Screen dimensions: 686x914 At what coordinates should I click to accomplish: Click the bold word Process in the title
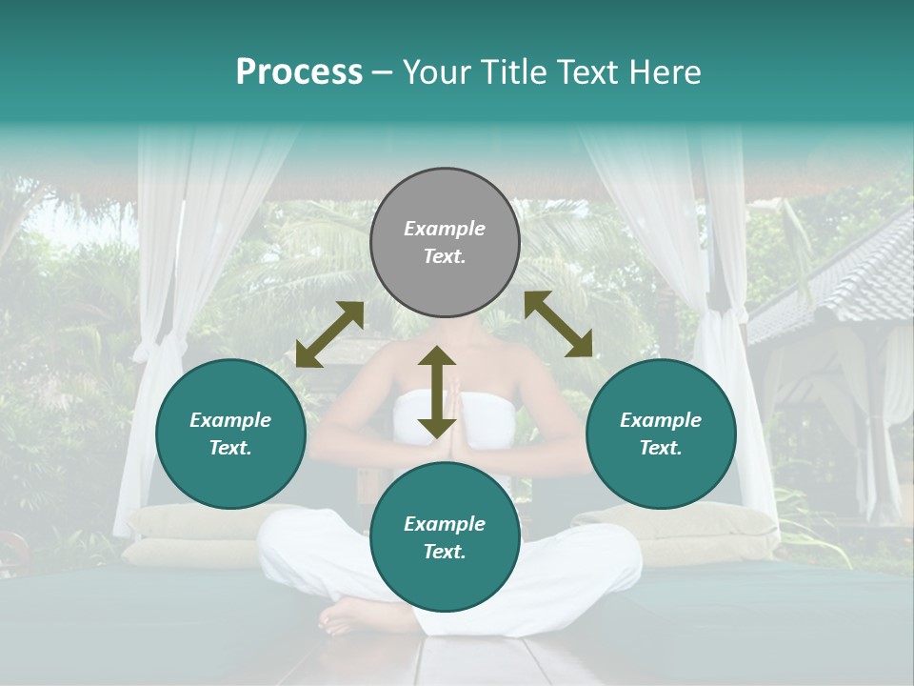(x=299, y=72)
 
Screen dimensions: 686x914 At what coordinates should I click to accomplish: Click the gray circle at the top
(x=445, y=242)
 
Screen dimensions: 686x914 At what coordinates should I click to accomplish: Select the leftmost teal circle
(x=230, y=434)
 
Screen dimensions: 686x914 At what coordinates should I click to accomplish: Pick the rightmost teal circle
(x=661, y=434)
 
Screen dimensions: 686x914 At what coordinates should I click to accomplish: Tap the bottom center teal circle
(x=445, y=536)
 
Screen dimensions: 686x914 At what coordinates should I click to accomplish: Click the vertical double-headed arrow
(x=437, y=393)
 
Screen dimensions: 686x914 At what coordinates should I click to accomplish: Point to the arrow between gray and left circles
(x=329, y=334)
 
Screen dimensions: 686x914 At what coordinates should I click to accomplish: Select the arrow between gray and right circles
(x=558, y=324)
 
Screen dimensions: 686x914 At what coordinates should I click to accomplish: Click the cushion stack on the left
(x=181, y=534)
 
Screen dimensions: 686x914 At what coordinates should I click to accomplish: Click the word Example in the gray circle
(x=445, y=229)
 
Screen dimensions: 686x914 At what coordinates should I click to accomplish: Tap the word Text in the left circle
(x=230, y=448)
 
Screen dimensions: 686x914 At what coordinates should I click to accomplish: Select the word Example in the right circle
(x=661, y=420)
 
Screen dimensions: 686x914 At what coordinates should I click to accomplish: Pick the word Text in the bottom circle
(x=445, y=552)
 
